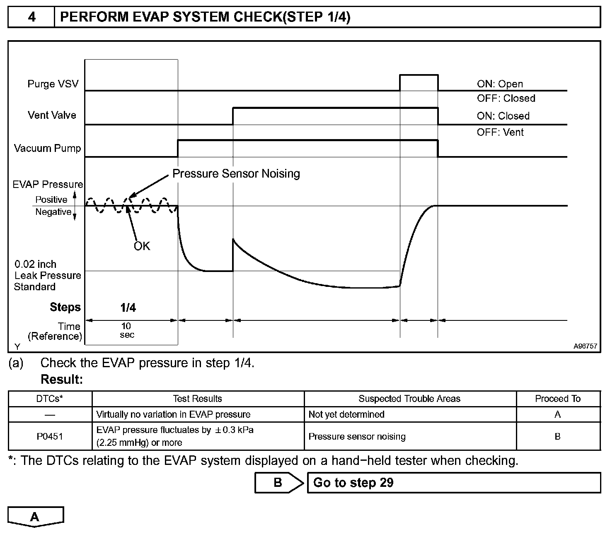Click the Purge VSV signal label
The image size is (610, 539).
(53, 84)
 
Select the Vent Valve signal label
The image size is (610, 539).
(52, 115)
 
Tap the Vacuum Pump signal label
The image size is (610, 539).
(47, 148)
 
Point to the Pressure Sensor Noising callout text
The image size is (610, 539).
(236, 173)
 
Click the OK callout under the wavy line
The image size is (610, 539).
(142, 246)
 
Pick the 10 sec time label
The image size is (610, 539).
(126, 330)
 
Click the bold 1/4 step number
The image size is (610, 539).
(128, 307)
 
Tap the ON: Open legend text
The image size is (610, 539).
(500, 84)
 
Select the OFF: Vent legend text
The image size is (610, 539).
(500, 132)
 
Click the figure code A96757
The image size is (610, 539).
(585, 346)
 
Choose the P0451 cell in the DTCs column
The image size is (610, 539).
(50, 436)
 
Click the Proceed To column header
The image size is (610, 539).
(557, 399)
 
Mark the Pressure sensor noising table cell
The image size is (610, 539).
(357, 436)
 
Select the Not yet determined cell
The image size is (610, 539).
(346, 414)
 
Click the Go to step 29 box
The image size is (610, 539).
(453, 483)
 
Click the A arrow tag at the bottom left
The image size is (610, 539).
(35, 517)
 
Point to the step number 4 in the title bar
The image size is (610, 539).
(31, 17)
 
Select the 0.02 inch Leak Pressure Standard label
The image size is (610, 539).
(47, 275)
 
